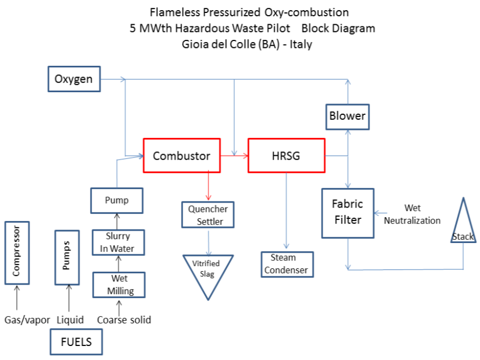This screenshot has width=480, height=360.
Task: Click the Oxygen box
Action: point(74,80)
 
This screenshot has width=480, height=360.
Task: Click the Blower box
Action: point(347,116)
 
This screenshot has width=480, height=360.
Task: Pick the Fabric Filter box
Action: point(347,212)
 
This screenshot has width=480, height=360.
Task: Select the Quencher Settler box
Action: point(205,215)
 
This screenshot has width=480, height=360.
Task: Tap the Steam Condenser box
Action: point(287,264)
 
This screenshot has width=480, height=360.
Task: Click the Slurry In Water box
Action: point(117,243)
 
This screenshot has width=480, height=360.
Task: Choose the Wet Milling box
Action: point(119,285)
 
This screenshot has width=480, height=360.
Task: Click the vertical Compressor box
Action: point(16,252)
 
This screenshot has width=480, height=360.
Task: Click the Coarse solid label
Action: point(124,320)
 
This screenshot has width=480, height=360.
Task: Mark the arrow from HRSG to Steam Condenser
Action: point(287,210)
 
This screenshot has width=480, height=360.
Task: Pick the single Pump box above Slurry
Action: point(117,200)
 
